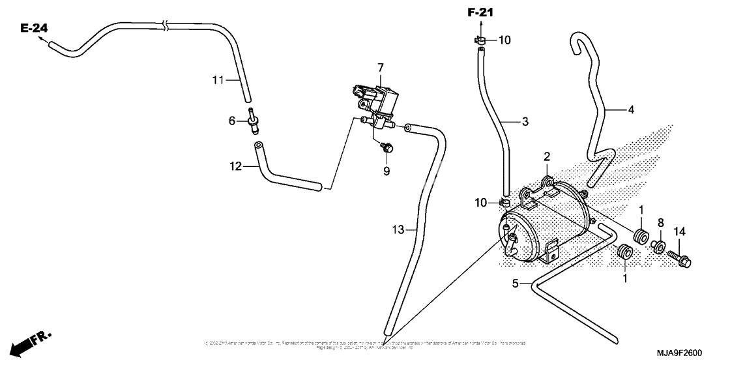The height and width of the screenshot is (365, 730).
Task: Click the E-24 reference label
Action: (x=34, y=28)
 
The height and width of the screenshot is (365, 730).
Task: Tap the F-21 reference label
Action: (x=481, y=12)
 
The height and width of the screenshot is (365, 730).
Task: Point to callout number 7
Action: (x=381, y=67)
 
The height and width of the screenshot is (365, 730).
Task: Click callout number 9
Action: (x=386, y=171)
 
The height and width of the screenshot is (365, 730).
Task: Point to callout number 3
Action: (x=525, y=121)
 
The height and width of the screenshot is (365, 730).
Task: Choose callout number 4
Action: (x=630, y=109)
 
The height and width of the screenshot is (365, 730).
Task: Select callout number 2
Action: (x=547, y=156)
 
